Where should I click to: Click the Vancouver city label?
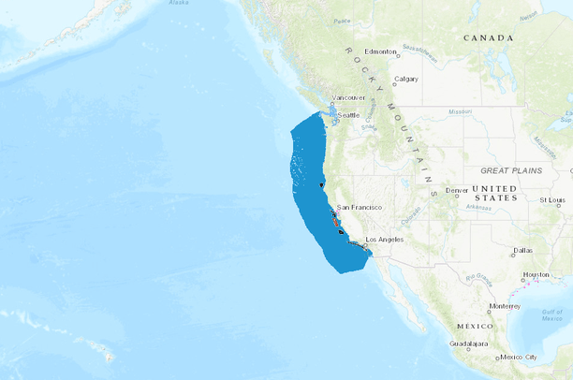[349, 97]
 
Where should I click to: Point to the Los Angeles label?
[384, 240]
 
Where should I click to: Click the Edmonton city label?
[382, 51]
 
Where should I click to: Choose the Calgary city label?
[406, 79]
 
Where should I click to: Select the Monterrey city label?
[504, 305]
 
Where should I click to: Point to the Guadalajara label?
[470, 343]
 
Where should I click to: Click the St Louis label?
[553, 200]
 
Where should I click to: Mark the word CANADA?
[489, 37]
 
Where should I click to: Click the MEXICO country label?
[474, 325]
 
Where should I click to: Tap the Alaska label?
[178, 3]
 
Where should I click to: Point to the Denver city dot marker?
[444, 193]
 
